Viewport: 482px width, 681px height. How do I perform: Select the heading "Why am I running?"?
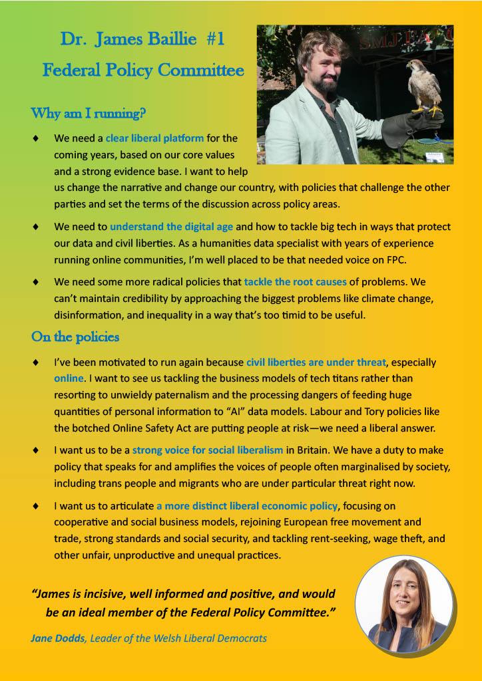[88, 113]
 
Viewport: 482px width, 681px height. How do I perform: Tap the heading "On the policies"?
[75, 337]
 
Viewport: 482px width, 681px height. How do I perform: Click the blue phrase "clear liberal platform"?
[154, 139]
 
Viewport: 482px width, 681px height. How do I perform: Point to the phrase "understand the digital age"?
[171, 227]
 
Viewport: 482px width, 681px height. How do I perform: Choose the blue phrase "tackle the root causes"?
[295, 282]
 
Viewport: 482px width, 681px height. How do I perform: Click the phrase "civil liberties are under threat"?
[316, 362]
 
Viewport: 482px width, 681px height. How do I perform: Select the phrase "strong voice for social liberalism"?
[210, 450]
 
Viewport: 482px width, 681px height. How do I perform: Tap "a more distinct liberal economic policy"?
[247, 506]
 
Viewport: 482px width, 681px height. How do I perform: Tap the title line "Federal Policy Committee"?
[143, 70]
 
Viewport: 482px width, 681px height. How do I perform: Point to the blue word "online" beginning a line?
[69, 378]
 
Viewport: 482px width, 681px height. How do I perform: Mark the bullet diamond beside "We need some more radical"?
[35, 282]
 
